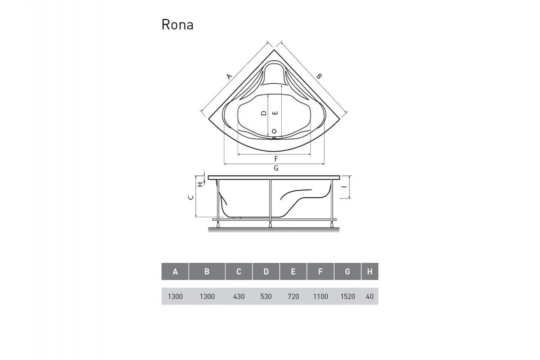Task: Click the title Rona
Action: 177,25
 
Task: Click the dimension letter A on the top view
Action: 229,76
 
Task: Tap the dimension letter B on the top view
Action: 319,76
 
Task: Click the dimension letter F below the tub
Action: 276,159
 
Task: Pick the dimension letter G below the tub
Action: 276,168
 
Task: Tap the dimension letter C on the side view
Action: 191,197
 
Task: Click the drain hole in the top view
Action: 274,131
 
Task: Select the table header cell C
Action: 239,271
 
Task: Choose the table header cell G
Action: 347,271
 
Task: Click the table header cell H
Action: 369,271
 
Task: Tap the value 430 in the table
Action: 239,297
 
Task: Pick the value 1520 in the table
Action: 347,297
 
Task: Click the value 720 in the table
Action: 293,297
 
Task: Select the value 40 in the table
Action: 369,297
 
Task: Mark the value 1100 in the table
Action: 320,297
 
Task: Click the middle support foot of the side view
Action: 270,224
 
